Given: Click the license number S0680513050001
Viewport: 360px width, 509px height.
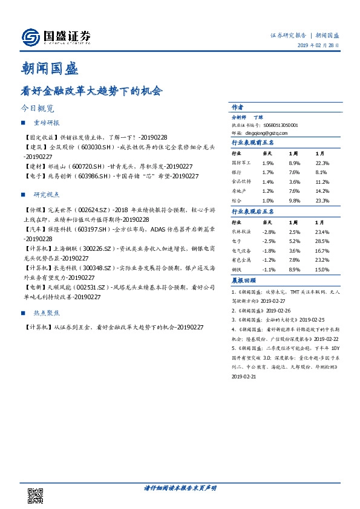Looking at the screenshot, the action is pos(277,125).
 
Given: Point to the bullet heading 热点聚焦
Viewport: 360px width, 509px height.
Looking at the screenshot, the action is pos(46,314).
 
